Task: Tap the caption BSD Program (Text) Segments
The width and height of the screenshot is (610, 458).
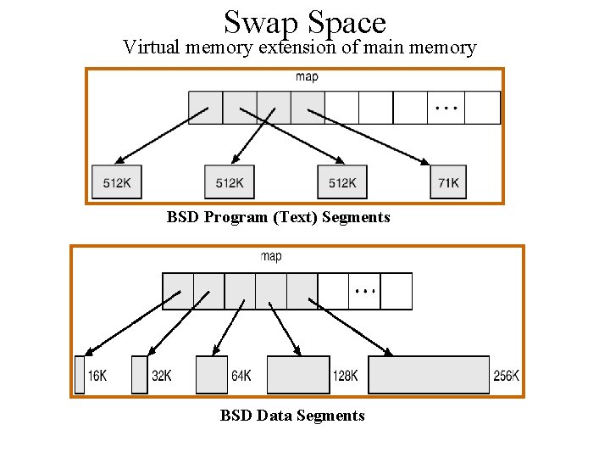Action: point(279,217)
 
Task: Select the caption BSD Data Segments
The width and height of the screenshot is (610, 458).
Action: point(292,416)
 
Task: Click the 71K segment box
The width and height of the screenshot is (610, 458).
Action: point(448,182)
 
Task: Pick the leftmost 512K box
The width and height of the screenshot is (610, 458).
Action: point(117,182)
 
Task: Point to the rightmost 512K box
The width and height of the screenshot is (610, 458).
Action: point(342,182)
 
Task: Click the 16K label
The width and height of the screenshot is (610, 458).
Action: point(97,376)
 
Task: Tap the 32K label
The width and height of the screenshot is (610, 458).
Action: point(161,376)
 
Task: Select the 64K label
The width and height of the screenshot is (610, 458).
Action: point(241,376)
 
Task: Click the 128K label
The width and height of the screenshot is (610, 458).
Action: point(346,376)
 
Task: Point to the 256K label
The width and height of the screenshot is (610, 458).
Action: point(506,376)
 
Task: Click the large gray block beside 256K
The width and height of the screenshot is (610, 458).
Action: point(429,375)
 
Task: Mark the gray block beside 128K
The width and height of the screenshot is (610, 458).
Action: point(298,375)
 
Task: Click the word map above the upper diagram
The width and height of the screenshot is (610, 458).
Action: point(307,77)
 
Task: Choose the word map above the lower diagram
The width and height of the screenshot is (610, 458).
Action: point(271,256)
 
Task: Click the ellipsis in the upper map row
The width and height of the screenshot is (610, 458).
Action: point(446,109)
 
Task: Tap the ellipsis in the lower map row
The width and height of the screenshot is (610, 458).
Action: point(365,291)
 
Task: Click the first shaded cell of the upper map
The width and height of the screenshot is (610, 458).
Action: point(205,108)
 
